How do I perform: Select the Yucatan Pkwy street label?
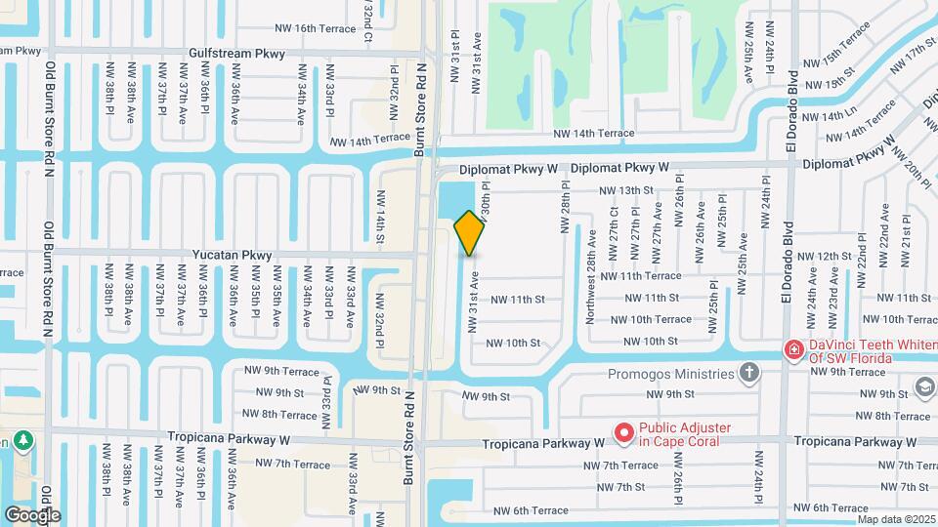[x=233, y=256]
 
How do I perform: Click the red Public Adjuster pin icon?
[x=621, y=431]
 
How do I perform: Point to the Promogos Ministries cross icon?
[x=749, y=372]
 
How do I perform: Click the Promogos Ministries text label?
[x=670, y=373]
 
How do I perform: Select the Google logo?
[x=32, y=514]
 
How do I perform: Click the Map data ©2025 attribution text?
[x=896, y=519]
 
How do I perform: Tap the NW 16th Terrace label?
[x=315, y=28]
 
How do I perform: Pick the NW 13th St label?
[x=624, y=190]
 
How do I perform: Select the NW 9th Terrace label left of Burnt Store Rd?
[x=281, y=371]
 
